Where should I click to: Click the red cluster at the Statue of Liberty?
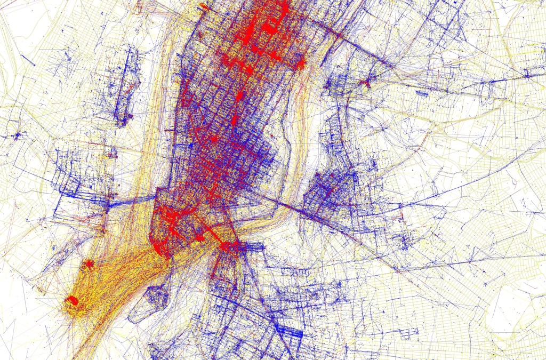pos(72,302)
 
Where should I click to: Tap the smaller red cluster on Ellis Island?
pos(89,263)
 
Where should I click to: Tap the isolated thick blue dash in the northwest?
pos(29,60)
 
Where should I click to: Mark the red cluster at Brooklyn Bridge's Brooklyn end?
pos(229,246)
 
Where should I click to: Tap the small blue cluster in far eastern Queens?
pos(527,75)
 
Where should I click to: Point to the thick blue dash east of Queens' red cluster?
pos(422,93)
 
